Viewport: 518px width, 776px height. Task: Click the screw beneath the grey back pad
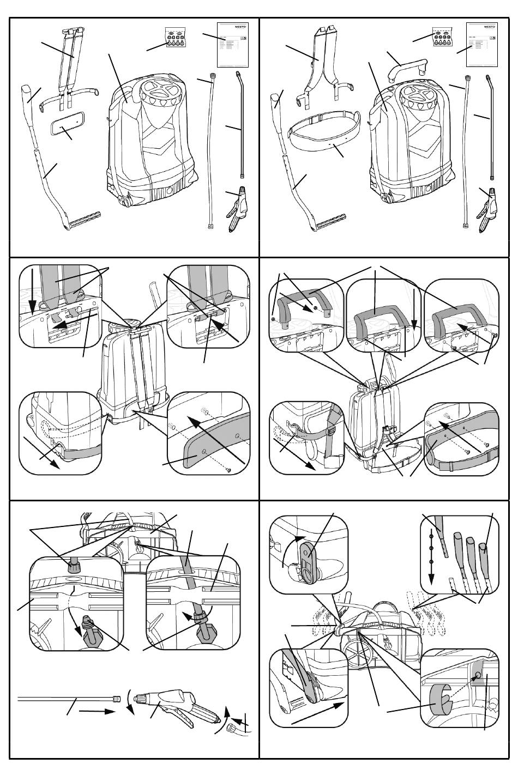228,470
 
